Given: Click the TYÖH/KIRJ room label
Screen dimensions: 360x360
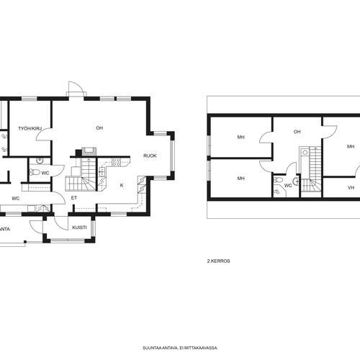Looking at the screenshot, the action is coord(30,129).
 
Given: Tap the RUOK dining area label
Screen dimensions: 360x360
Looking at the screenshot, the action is coord(150,156).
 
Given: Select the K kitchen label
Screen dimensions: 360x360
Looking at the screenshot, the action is coord(122,185).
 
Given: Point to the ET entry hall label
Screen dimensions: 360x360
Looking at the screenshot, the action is coord(74,198).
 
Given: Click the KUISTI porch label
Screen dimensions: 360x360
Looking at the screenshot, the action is coord(79,228).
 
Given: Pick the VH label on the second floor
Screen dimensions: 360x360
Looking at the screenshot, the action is coord(351,188).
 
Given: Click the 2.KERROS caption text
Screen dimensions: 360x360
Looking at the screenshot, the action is coord(219,261).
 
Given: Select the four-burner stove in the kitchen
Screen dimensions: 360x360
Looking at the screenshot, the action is coord(117,162).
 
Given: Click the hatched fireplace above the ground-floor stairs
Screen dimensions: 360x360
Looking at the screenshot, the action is coord(89,151).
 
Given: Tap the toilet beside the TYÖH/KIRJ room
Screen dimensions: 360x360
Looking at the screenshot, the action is coord(35,172).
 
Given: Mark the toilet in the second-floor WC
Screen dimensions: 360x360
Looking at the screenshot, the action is coord(279,179).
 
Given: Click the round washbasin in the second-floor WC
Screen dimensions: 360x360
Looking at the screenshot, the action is coord(296,181).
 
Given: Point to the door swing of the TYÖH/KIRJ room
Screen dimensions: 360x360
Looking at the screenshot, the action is coord(42,135).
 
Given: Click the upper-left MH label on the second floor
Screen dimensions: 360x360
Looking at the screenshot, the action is coord(241,137).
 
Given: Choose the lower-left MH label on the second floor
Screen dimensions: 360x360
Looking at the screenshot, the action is coord(241,179).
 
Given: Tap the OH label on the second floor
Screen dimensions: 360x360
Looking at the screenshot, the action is coord(297,132).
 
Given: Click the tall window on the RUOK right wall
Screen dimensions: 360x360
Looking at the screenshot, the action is coord(172,156).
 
